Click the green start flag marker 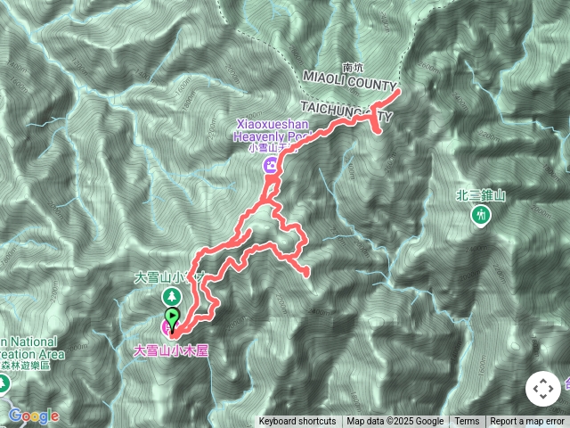coord(171,316)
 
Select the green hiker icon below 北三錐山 coord(481,215)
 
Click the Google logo coord(34,416)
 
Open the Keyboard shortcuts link coord(297,422)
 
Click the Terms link coord(467,422)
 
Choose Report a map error coord(528,422)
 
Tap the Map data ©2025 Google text coord(395,422)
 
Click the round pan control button coord(542,389)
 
